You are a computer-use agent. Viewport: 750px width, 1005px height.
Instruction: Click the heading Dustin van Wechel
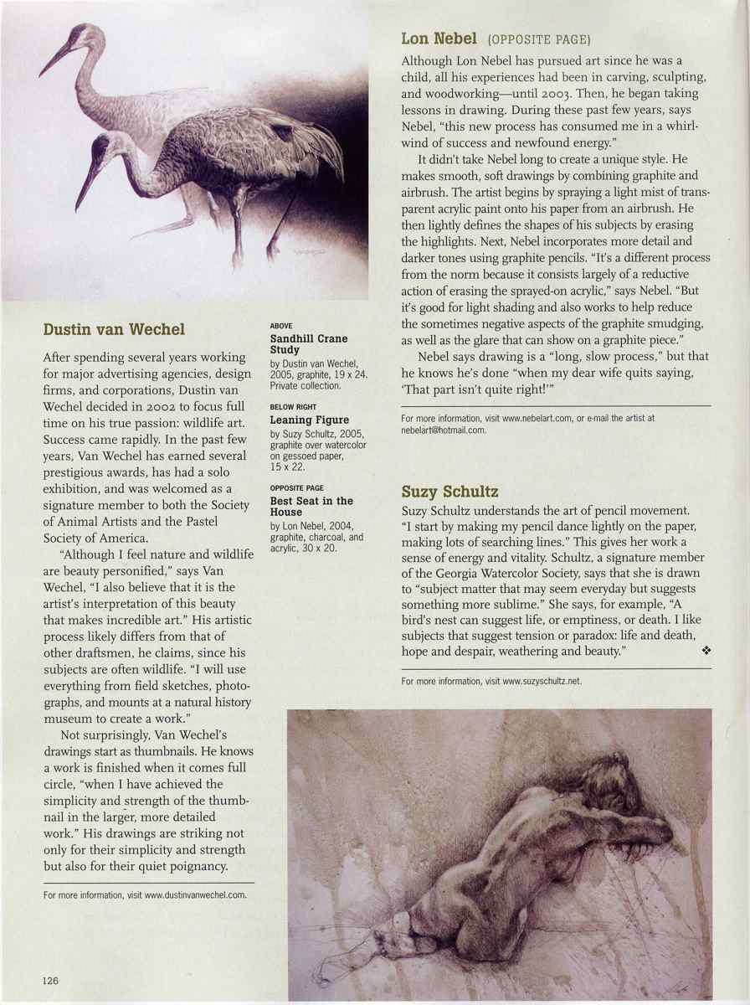[114, 329]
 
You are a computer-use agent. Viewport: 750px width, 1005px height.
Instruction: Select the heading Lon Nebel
[439, 38]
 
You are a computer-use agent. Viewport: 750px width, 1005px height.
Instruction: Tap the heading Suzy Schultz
[449, 491]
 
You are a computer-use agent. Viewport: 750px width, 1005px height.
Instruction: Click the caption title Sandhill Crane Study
[308, 344]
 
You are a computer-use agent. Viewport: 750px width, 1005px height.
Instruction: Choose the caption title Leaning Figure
[309, 420]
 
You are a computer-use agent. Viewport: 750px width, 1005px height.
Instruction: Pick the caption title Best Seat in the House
[311, 506]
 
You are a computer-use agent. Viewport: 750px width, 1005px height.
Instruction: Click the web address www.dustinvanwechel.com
[195, 894]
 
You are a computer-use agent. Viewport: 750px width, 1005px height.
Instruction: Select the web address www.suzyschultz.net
[542, 681]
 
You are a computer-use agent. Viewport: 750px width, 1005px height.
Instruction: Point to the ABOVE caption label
[281, 325]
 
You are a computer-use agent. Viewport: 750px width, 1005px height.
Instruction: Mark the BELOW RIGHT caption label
[293, 406]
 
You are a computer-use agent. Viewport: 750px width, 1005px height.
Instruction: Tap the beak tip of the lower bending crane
[78, 209]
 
